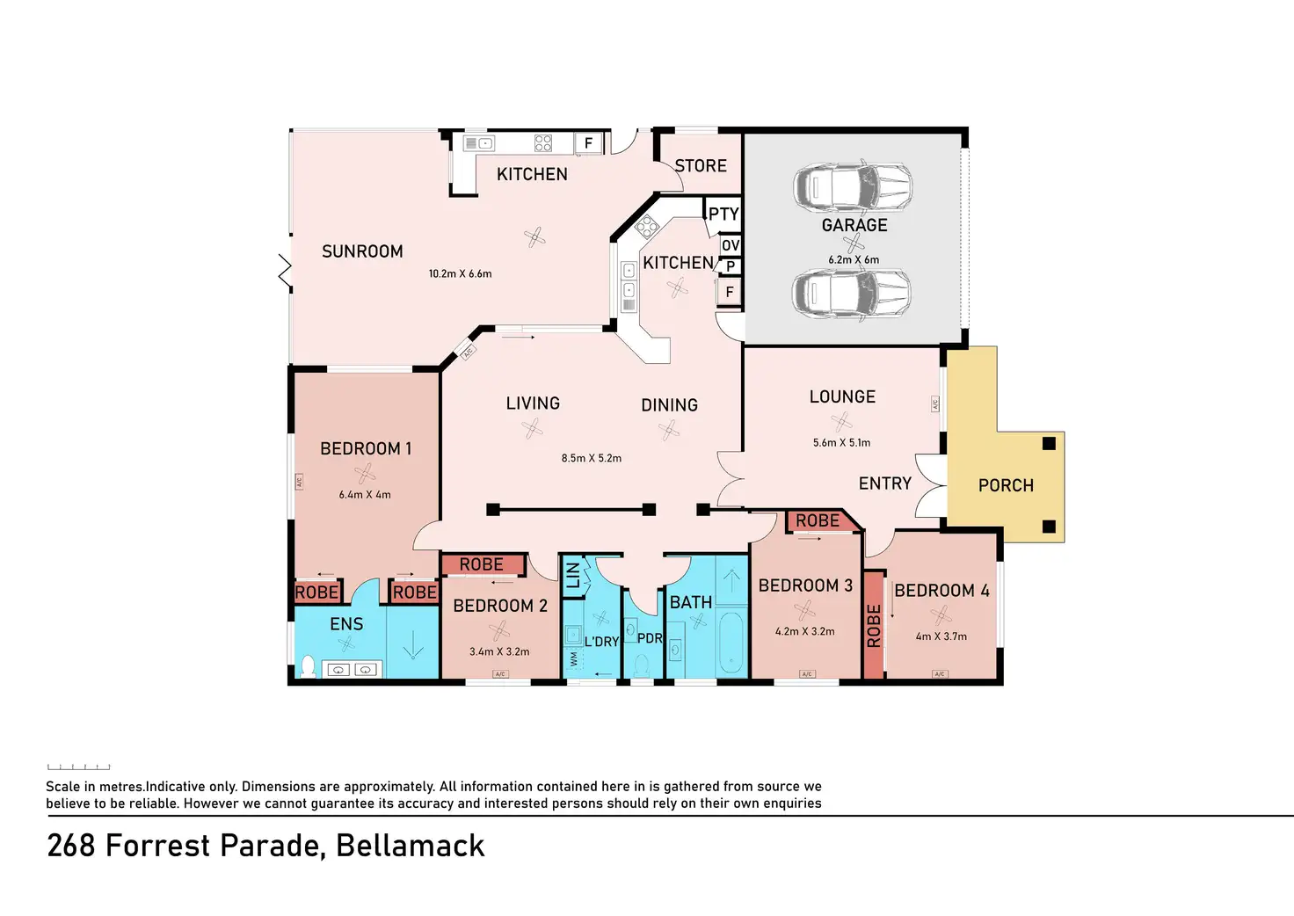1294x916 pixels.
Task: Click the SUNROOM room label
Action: coord(362,251)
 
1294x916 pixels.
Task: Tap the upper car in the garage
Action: coord(852,187)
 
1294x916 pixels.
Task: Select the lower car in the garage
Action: coord(852,292)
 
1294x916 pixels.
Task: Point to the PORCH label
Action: coord(1006,485)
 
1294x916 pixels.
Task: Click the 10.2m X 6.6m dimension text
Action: coord(460,274)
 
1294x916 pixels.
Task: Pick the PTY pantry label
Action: coord(723,214)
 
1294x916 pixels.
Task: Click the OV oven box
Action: coord(731,245)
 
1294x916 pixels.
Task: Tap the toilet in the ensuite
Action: coord(308,665)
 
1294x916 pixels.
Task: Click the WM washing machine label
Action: coord(574,658)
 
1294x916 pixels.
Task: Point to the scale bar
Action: coord(79,767)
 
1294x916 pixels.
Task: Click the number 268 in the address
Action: coord(70,846)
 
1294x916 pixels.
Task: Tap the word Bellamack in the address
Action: coord(410,846)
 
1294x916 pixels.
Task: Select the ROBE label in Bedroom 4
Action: coord(873,625)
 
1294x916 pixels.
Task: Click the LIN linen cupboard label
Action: coord(573,575)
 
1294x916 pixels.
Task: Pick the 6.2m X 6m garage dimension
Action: coord(853,260)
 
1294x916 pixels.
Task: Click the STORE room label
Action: coord(701,166)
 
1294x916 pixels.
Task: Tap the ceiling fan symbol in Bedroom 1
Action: coord(365,473)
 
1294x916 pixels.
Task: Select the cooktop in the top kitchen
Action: coord(543,143)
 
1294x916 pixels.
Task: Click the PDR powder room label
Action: coord(649,638)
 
